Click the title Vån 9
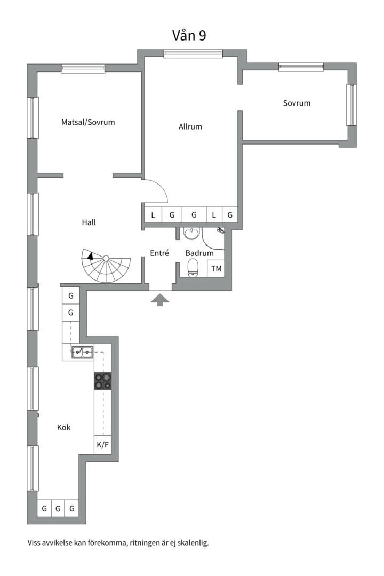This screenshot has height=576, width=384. pyautogui.click(x=189, y=35)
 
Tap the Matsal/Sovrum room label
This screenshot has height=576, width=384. pyautogui.click(x=88, y=122)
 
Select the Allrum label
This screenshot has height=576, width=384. pyautogui.click(x=190, y=127)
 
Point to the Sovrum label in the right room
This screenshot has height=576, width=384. pyautogui.click(x=297, y=103)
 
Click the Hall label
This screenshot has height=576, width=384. pyautogui.click(x=89, y=222)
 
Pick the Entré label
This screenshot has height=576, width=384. pyautogui.click(x=159, y=253)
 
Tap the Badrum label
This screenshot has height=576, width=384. pyautogui.click(x=199, y=253)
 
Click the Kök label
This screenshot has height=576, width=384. pyautogui.click(x=64, y=427)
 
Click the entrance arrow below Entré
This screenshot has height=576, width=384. pyautogui.click(x=160, y=299)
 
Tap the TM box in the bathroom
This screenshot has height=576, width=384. pyautogui.click(x=216, y=268)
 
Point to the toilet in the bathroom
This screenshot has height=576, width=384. pyautogui.click(x=193, y=268)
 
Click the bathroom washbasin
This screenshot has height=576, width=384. pyautogui.click(x=191, y=233)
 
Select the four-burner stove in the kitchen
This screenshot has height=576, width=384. pyautogui.click(x=103, y=381)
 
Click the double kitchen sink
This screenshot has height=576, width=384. pyautogui.click(x=82, y=352)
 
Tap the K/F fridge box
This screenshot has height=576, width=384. pyautogui.click(x=103, y=445)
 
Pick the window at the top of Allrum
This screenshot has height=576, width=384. pyautogui.click(x=193, y=54)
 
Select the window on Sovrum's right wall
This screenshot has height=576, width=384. pyautogui.click(x=351, y=105)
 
